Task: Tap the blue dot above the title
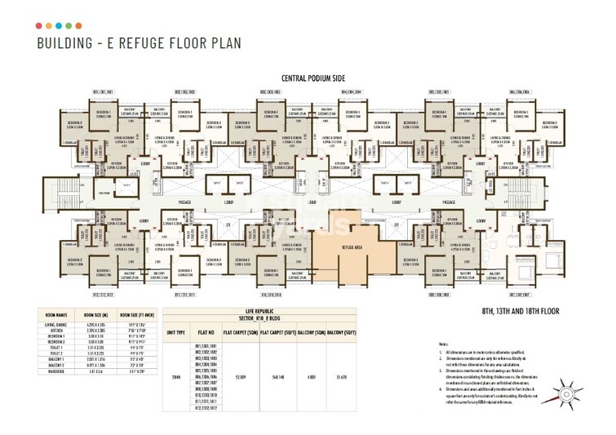pyautogui.click(x=69, y=26)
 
